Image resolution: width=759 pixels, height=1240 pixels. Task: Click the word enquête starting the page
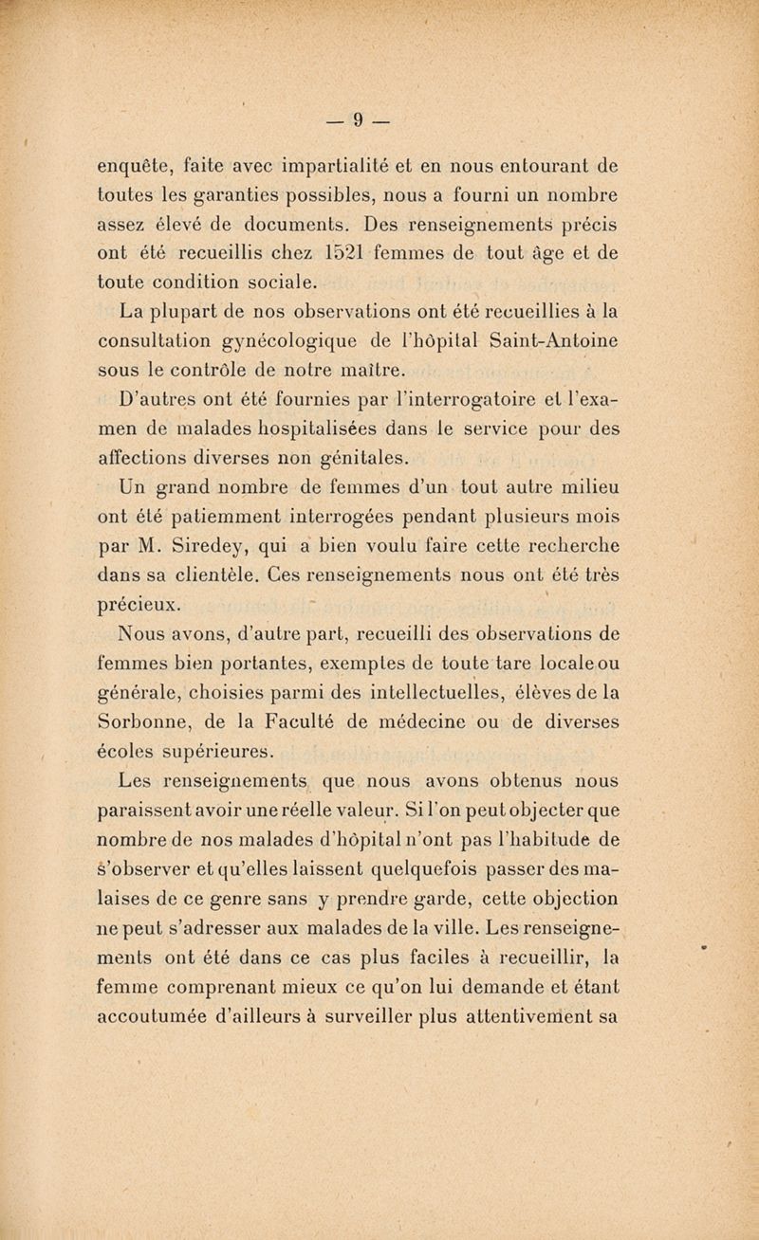pyautogui.click(x=134, y=169)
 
